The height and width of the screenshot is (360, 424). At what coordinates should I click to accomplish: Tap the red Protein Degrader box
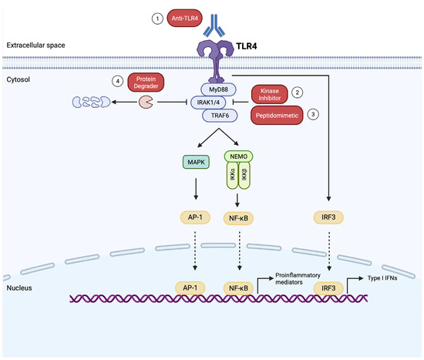[x=146, y=83]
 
